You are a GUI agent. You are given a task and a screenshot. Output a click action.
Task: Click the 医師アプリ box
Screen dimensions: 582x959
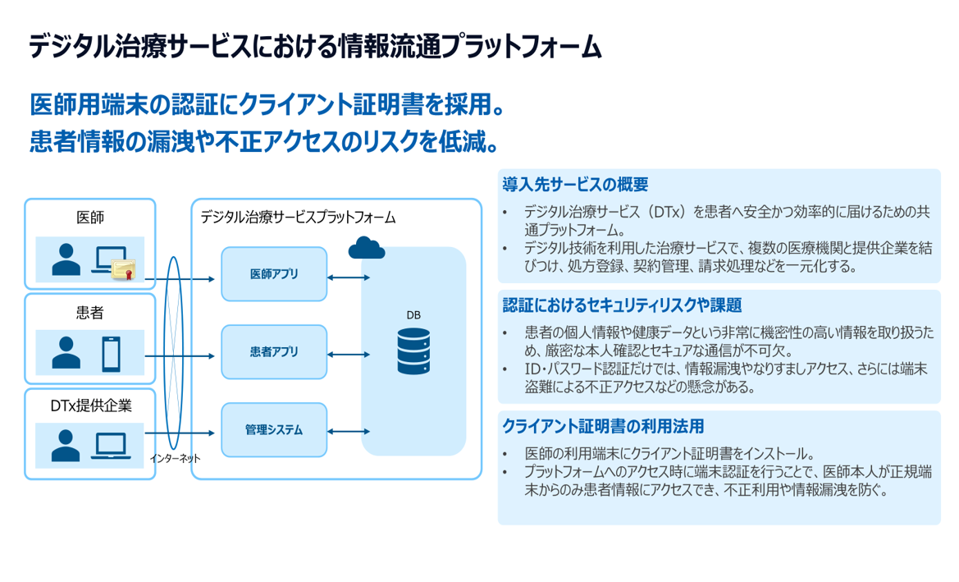point(274,273)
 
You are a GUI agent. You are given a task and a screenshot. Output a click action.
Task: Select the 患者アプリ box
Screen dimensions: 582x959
point(274,352)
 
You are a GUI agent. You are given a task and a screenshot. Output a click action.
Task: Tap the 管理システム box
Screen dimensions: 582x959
point(274,429)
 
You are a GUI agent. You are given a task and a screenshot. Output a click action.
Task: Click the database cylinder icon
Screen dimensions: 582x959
point(413,351)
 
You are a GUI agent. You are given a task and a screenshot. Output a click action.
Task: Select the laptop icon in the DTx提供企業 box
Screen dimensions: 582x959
point(110,445)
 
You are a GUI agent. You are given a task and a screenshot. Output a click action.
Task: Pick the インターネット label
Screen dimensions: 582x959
point(174,458)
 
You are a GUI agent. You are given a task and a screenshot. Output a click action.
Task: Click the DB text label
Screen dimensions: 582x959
point(413,314)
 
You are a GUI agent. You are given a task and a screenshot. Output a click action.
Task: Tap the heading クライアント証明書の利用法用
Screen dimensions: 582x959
point(602,427)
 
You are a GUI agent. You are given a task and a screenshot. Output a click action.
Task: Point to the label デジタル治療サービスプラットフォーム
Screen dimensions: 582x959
point(298,217)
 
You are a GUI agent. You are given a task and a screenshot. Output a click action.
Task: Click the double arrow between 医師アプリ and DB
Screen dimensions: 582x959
point(348,277)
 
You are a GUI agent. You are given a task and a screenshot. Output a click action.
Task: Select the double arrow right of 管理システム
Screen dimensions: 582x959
point(348,429)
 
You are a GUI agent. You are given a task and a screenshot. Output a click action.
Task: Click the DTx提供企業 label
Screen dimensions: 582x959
point(90,405)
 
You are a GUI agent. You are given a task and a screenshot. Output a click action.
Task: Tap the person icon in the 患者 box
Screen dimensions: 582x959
point(66,353)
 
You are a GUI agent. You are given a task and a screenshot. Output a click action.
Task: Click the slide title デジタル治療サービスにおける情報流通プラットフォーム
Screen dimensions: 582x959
point(315,48)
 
